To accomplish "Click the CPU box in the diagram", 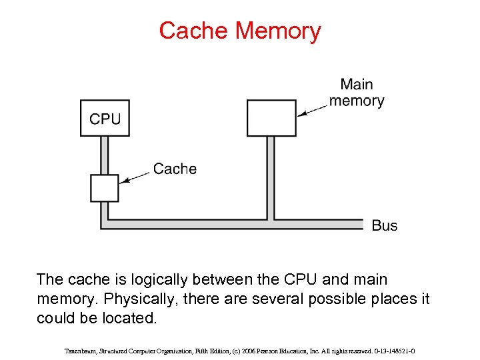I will coord(105,118).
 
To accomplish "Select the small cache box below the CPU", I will coord(104,188).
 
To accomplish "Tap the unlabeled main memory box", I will coord(271,117).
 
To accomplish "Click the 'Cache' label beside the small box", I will coord(175,169).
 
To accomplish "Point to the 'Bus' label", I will coord(384,225).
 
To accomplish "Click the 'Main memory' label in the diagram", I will coord(357,93).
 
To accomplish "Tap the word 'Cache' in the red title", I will coord(194,31).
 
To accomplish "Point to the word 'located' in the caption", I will coord(130,318).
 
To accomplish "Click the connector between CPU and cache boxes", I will coord(104,155).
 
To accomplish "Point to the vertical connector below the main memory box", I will coord(271,177).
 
